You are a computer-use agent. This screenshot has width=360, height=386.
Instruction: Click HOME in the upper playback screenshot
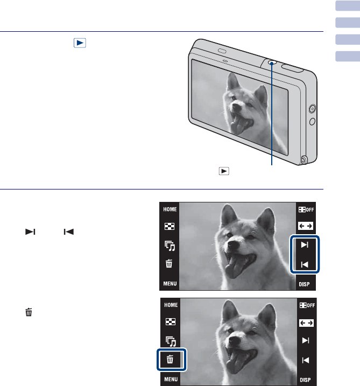(x=170, y=209)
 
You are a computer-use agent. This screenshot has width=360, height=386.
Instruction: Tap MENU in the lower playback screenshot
(x=171, y=379)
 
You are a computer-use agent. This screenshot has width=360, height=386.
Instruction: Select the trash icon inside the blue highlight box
(x=170, y=360)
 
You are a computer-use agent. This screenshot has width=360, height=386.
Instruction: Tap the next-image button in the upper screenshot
(x=305, y=245)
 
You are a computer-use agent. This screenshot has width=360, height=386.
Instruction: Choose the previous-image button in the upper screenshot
(x=305, y=265)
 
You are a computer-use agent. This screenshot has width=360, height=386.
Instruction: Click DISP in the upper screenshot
(x=304, y=284)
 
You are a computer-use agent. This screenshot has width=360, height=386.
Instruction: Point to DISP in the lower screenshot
(x=305, y=380)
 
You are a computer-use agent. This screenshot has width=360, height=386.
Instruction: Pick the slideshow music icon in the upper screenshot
(x=170, y=245)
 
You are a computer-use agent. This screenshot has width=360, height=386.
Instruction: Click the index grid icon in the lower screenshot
(x=171, y=322)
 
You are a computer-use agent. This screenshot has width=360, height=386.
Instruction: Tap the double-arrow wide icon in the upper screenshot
(x=306, y=226)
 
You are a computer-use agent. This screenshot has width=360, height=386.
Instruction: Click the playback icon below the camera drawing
(x=224, y=171)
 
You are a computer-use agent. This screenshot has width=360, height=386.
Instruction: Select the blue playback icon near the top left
(x=80, y=43)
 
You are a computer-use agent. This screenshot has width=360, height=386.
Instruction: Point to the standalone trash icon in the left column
(x=29, y=312)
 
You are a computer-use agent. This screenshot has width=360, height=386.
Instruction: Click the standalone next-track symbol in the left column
(x=30, y=231)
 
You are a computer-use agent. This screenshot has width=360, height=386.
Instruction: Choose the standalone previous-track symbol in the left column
(x=69, y=231)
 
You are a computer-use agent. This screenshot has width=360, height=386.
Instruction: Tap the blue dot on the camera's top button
(x=272, y=64)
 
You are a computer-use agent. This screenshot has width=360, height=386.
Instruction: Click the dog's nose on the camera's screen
(x=236, y=107)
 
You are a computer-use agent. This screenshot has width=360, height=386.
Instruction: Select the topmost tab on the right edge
(x=348, y=6)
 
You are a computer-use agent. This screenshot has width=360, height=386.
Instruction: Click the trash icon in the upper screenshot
(x=169, y=263)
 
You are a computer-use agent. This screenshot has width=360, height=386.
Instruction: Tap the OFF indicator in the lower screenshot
(x=307, y=305)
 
